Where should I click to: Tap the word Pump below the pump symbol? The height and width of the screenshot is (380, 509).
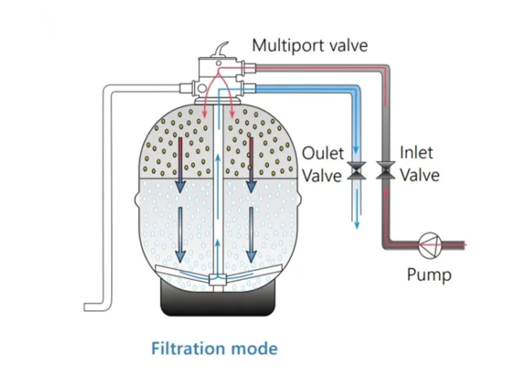[x=429, y=275]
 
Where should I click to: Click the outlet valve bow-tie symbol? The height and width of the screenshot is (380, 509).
[x=357, y=170]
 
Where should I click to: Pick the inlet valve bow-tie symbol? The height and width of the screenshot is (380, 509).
[x=385, y=170]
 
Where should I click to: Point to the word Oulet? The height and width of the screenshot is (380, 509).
[x=323, y=153]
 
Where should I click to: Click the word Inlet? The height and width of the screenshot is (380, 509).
[x=416, y=153]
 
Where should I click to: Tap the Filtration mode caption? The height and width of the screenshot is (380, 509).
[x=214, y=349]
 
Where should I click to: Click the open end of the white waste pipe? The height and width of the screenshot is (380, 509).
[x=86, y=307]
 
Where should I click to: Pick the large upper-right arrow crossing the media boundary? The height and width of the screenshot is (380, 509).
[x=251, y=164]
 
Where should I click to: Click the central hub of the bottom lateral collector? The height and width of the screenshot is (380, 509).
[x=218, y=279]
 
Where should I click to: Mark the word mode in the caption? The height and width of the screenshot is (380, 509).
[x=258, y=349]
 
